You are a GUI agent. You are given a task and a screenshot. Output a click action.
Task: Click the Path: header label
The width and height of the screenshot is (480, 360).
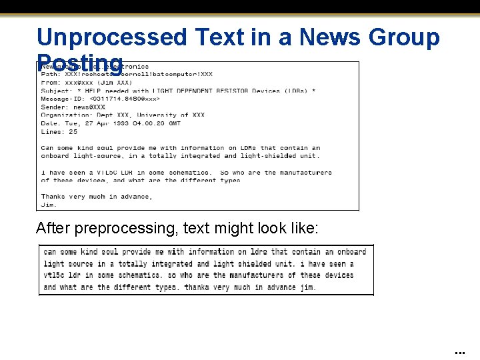[x=50, y=74]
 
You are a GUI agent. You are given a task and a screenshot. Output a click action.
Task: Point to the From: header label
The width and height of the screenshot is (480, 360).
[x=50, y=83]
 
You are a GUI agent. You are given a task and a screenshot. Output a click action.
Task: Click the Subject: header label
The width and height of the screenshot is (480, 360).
[x=56, y=91]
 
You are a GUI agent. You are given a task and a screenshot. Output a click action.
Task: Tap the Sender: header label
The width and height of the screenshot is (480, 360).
[x=54, y=107]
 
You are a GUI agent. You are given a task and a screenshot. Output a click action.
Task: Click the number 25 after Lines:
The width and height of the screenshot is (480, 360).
[x=73, y=131]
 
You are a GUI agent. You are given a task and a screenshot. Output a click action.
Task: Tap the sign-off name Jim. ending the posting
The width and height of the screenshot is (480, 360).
[x=49, y=205]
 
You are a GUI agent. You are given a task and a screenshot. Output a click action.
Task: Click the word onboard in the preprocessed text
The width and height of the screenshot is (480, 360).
[x=351, y=252]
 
